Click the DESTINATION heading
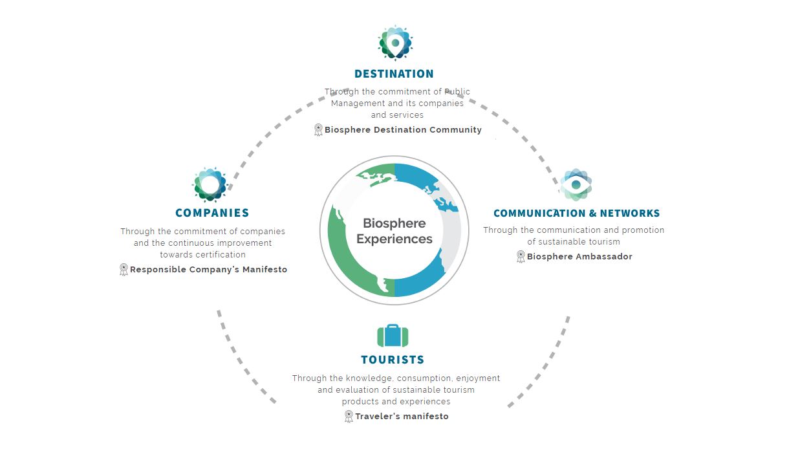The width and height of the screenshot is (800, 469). [394, 74]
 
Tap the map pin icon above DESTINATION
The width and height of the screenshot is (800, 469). [395, 43]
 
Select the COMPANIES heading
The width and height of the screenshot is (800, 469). [212, 213]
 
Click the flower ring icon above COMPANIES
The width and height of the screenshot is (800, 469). [210, 184]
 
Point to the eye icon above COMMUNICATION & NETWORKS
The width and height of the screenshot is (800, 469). [576, 184]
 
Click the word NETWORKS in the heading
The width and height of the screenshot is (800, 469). [630, 213]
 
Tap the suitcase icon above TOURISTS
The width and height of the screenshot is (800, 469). [393, 335]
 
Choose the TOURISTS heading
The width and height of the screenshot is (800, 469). [393, 360]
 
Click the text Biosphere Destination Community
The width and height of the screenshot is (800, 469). [403, 129]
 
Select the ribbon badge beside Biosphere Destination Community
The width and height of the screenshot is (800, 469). [318, 129]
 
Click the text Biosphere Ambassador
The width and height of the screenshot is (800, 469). [579, 256]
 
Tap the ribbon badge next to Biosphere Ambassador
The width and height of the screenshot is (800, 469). [521, 256]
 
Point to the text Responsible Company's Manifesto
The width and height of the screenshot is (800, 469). [209, 269]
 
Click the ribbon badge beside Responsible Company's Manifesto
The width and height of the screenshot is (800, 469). [124, 269]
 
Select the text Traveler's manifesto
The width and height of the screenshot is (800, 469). [402, 416]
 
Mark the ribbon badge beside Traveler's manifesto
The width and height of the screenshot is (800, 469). [349, 416]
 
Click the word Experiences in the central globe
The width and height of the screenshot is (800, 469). [395, 239]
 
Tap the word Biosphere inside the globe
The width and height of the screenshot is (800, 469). [395, 223]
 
